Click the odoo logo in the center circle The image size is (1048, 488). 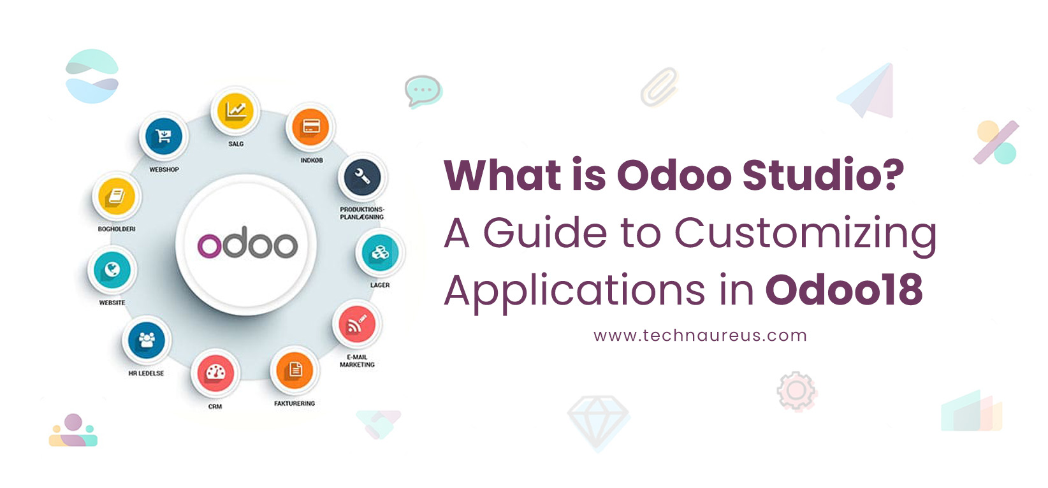click(x=247, y=245)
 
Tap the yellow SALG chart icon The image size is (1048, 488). click(x=235, y=111)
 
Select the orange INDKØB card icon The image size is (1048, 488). click(x=310, y=127)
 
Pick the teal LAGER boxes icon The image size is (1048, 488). click(x=380, y=253)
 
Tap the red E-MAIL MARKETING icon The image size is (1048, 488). click(x=357, y=325)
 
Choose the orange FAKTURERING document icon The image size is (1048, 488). click(x=295, y=370)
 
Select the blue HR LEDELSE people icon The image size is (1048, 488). click(x=147, y=340)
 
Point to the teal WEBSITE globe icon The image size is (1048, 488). click(x=112, y=269)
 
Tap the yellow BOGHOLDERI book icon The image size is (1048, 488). click(x=117, y=196)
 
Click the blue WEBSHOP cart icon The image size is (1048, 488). click(x=164, y=136)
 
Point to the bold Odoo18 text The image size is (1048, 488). click(x=844, y=291)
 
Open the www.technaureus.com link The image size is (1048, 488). click(x=700, y=336)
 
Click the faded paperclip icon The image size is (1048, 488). click(x=659, y=87)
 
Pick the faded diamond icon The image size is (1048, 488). click(x=598, y=421)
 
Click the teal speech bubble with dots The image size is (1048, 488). click(x=423, y=91)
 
